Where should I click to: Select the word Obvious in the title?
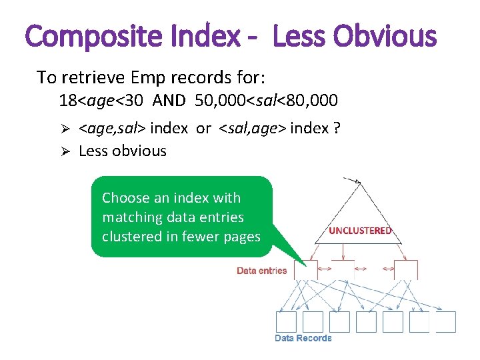387,37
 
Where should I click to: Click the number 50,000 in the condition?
221,101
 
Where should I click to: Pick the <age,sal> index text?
133,128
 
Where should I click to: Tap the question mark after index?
335,128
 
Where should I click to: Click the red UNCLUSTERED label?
360,231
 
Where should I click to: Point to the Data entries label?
262,271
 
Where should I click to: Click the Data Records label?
303,338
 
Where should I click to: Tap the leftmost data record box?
286,321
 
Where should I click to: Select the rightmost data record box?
446,321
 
